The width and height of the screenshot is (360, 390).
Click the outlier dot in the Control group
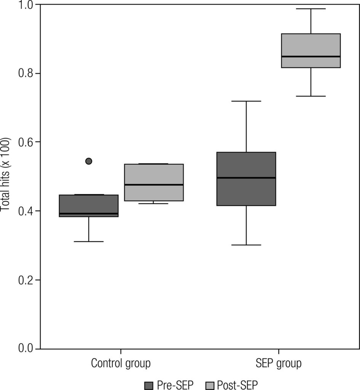click(x=89, y=161)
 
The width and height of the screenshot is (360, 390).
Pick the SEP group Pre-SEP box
click(x=246, y=179)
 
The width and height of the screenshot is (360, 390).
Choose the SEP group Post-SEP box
click(x=311, y=50)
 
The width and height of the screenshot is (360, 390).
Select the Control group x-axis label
click(x=121, y=363)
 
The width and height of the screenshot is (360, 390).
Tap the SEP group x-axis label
click(x=278, y=363)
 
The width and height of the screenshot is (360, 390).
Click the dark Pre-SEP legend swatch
click(x=149, y=385)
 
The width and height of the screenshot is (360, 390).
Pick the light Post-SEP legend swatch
click(x=210, y=385)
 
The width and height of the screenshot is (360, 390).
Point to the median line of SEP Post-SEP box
click(x=311, y=56)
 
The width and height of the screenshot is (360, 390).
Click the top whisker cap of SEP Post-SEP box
click(x=311, y=8)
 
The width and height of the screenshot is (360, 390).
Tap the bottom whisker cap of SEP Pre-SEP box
click(x=246, y=245)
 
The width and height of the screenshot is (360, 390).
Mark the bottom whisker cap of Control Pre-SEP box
click(x=89, y=241)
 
